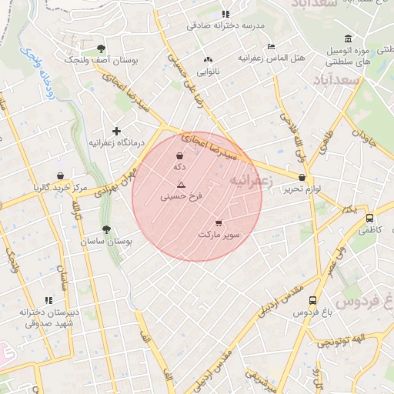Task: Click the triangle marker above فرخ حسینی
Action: point(182,185)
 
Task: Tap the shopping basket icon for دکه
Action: point(179,156)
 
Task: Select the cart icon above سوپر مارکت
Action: point(219,222)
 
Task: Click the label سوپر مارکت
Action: point(219,233)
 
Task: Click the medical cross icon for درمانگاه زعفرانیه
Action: point(116,132)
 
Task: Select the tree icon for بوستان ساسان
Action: point(106,229)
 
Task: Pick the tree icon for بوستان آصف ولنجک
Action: point(102,48)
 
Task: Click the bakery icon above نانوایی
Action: point(207,60)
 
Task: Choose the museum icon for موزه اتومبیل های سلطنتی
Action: point(349,39)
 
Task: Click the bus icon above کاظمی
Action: point(370,218)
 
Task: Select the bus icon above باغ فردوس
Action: point(312,301)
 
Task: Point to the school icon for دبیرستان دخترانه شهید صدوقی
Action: point(48,300)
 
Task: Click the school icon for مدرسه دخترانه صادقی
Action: point(225,14)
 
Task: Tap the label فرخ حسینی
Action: point(182,196)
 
